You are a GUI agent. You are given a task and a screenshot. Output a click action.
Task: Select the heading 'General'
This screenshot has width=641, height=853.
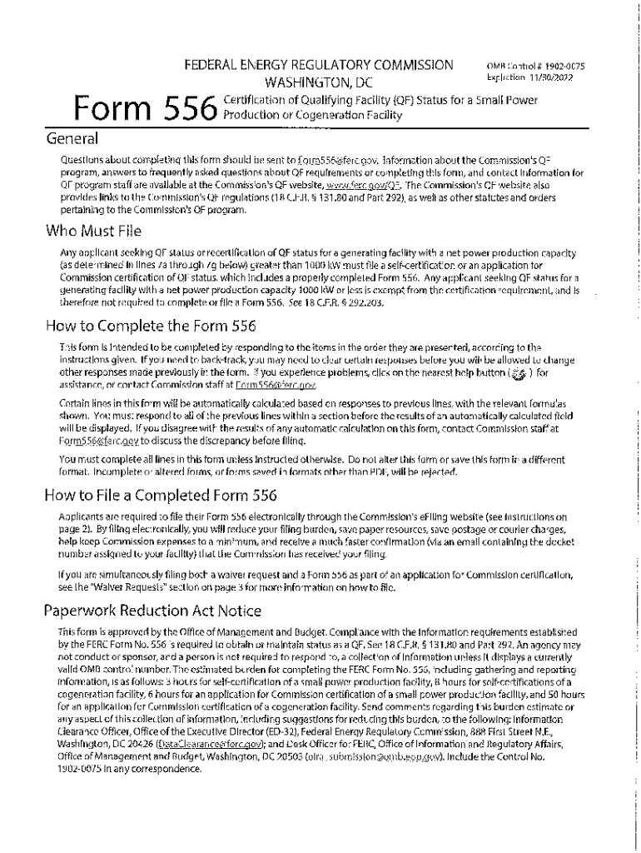72,138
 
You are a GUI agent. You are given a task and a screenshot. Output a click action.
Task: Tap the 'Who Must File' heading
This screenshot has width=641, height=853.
95,231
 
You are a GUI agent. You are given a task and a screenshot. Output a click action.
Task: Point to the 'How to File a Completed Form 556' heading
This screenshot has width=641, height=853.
160,496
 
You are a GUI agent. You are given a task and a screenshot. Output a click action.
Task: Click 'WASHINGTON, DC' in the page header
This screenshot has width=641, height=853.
319,82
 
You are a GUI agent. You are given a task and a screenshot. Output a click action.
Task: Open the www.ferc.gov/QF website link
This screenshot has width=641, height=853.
353,185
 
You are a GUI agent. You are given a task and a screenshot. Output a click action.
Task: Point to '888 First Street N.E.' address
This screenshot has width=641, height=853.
519,731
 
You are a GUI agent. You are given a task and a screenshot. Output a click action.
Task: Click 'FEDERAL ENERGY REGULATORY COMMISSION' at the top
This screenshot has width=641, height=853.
319,65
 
